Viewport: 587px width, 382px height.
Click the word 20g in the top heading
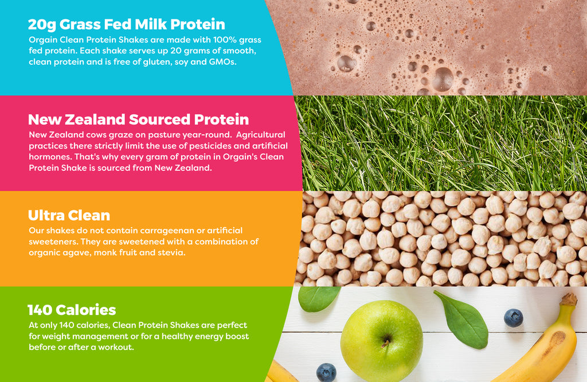point(42,25)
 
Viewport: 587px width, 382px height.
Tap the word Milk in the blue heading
point(151,24)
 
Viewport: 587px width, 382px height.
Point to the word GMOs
point(222,62)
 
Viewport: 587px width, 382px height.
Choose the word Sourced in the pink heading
point(159,119)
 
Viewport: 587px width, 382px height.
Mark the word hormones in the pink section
point(50,157)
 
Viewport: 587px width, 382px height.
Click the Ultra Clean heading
point(69,215)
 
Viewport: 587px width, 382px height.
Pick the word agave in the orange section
point(80,253)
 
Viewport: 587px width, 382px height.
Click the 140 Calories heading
point(72,310)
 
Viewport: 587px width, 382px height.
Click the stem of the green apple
point(385,342)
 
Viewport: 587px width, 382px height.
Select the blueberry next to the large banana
point(513,318)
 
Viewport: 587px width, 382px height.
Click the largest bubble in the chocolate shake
point(443,79)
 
